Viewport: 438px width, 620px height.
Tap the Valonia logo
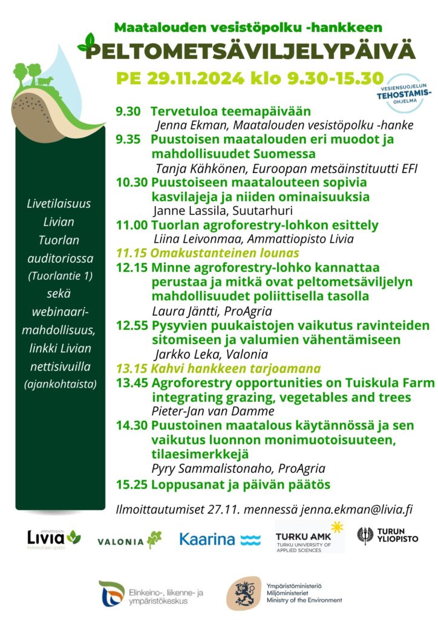pyautogui.click(x=129, y=539)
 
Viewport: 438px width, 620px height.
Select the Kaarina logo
pyautogui.click(x=220, y=539)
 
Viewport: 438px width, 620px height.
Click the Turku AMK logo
pyautogui.click(x=309, y=536)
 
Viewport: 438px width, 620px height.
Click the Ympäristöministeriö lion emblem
pyautogui.click(x=244, y=593)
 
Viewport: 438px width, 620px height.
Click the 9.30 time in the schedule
pyautogui.click(x=128, y=111)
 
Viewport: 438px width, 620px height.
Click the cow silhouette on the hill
pyautogui.click(x=45, y=81)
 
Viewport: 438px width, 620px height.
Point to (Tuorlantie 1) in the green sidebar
pyautogui.click(x=59, y=277)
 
